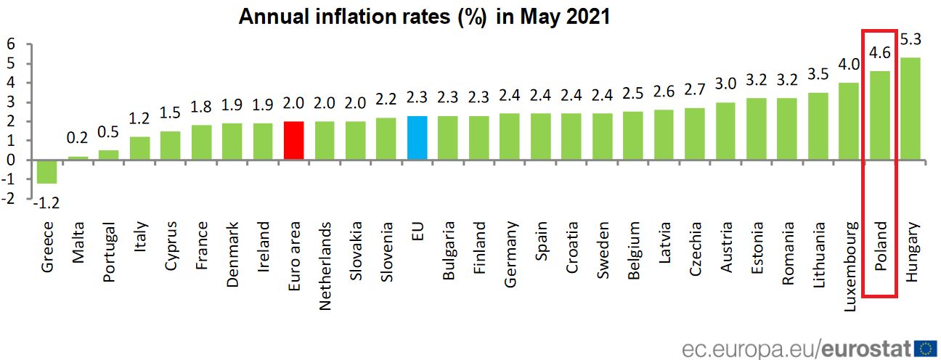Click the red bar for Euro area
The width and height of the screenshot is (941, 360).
tap(293, 141)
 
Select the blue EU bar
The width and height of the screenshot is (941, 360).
tap(417, 138)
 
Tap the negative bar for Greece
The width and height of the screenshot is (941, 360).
tap(47, 171)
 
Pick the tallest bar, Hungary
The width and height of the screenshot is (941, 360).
tap(911, 108)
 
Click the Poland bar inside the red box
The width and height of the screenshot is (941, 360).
tap(880, 115)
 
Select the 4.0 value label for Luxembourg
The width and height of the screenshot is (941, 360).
tap(849, 64)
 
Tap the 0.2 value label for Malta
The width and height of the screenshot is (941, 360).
tap(78, 138)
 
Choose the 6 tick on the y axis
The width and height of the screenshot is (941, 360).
tap(11, 44)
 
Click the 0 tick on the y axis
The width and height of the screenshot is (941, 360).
tap(11, 160)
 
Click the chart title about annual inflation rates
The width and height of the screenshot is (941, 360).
tap(424, 17)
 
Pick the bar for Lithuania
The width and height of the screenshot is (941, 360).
tap(818, 126)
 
